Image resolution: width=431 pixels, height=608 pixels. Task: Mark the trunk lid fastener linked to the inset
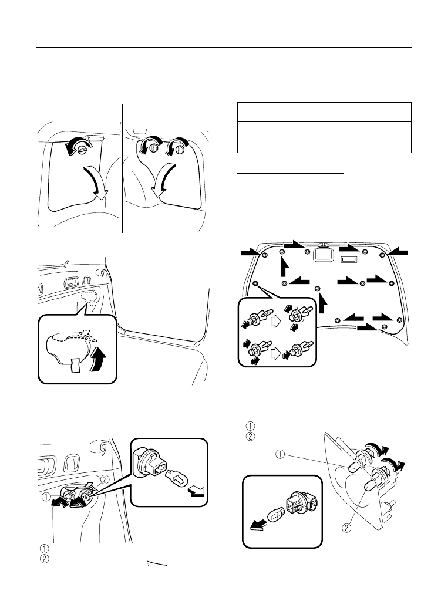(x=255, y=283)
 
